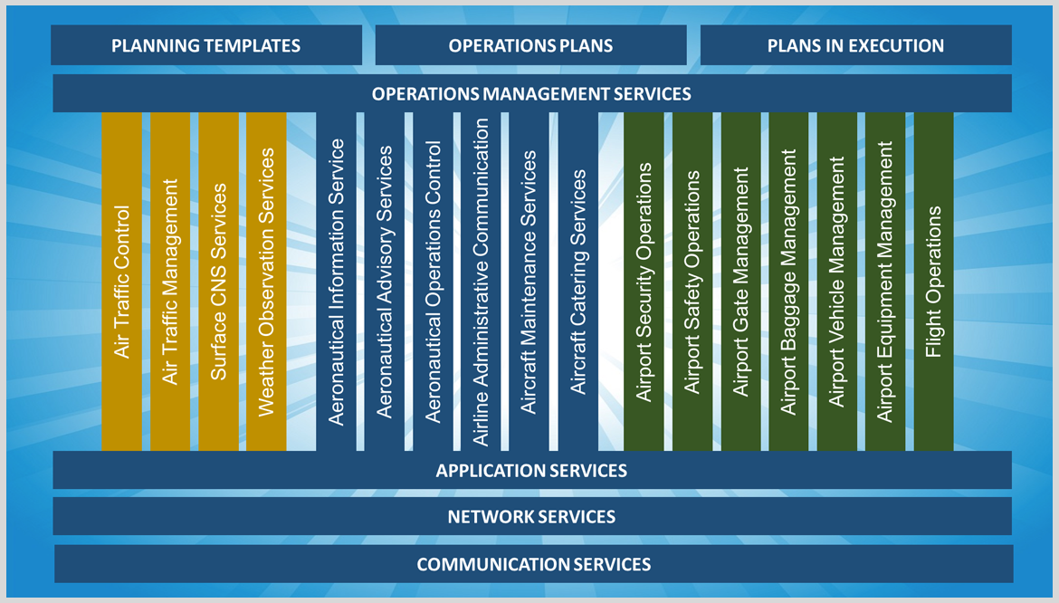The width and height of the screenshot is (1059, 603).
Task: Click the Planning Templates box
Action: click(206, 45)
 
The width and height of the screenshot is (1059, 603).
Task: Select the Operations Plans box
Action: click(530, 45)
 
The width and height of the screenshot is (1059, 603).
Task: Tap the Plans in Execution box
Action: click(855, 45)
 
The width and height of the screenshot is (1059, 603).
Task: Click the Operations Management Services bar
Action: click(531, 93)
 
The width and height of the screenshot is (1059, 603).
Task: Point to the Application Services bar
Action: click(531, 470)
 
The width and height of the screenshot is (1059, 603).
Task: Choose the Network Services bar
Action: click(531, 516)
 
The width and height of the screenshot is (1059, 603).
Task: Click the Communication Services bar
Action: click(533, 564)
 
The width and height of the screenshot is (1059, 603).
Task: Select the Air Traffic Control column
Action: click(122, 282)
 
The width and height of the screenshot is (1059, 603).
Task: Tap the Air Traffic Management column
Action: click(170, 282)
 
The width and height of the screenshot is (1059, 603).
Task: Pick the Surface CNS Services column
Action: click(218, 282)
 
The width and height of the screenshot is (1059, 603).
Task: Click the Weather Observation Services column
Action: click(266, 282)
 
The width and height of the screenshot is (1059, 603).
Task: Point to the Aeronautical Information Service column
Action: click(337, 282)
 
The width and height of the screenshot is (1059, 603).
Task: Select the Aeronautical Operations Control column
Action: click(434, 282)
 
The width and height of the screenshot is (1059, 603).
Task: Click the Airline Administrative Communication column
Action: click(482, 282)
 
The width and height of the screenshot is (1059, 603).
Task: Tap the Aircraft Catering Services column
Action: click(577, 282)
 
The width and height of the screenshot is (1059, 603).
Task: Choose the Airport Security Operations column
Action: click(644, 282)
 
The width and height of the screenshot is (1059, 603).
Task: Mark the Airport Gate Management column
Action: click(740, 282)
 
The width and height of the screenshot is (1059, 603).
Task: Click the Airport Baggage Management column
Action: click(788, 282)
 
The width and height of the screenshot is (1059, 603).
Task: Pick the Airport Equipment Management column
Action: click(885, 282)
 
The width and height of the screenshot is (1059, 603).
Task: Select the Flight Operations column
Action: click(933, 282)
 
